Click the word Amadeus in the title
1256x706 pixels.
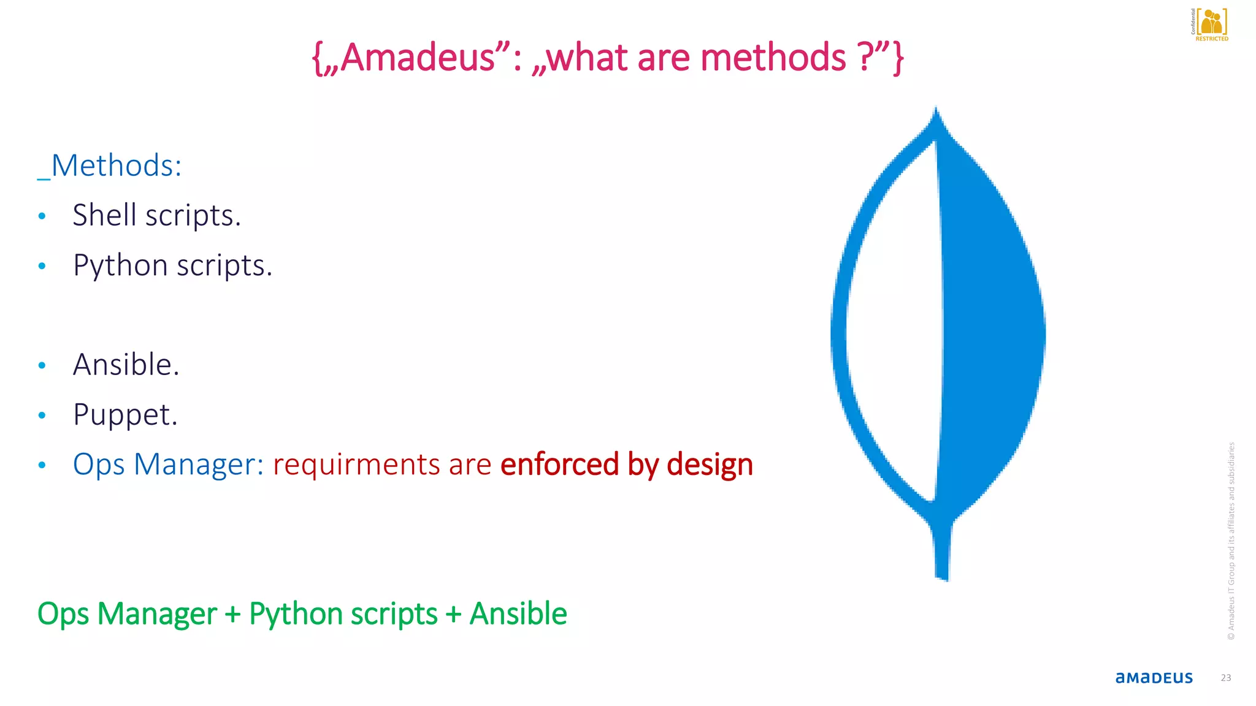pos(417,58)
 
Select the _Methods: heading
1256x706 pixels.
pos(110,165)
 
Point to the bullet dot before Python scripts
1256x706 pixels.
pos(42,266)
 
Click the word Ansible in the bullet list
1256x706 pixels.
pos(126,365)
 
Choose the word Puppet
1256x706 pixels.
pos(125,415)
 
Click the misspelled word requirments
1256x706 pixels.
pos(356,465)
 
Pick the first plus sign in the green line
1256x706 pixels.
pos(232,614)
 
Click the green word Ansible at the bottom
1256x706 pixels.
pos(518,614)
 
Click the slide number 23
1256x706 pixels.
pos(1225,678)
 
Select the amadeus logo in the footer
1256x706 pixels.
pos(1154,678)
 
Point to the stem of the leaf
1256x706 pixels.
pos(942,552)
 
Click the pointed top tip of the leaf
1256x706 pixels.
pos(936,113)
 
